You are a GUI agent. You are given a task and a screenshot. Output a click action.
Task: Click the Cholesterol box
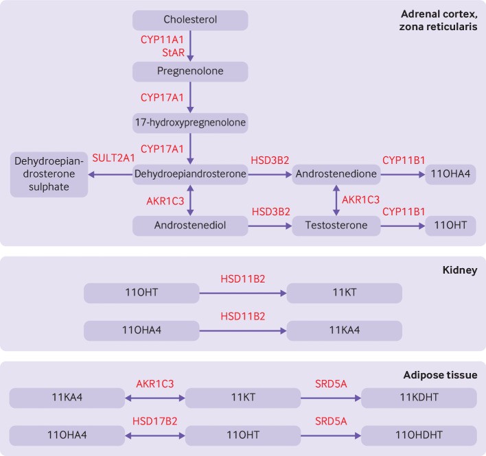pos(190,19)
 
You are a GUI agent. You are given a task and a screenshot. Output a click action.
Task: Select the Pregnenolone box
pos(190,71)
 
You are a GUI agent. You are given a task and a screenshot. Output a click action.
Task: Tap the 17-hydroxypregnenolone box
pos(190,123)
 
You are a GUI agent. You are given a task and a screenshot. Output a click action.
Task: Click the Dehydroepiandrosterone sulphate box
pos(49,175)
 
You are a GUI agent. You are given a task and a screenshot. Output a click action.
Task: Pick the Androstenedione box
pos(336,175)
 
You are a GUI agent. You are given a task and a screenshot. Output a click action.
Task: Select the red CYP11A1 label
pos(163,40)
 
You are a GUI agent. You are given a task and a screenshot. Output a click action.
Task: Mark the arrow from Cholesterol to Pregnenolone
pos(190,45)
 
